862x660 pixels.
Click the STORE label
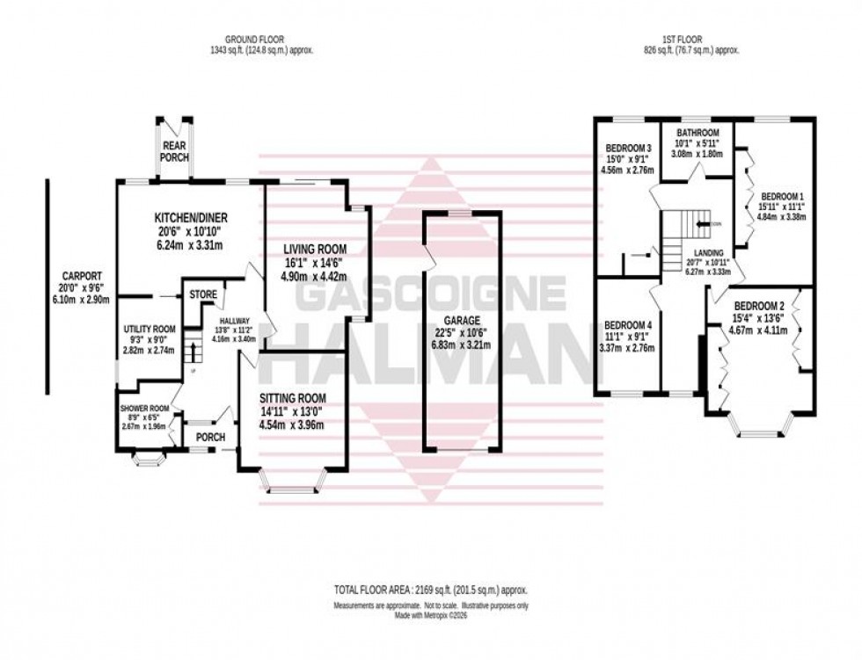pos(203,294)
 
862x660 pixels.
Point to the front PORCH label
pos(210,437)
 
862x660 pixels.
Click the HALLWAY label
pos(236,321)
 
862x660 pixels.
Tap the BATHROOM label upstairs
pos(698,133)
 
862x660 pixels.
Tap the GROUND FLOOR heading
pos(256,40)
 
